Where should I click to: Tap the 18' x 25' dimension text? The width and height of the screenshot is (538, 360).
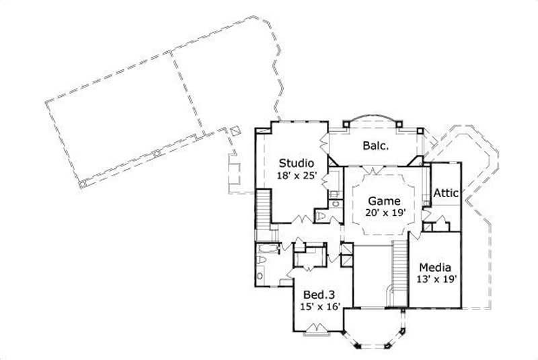pyautogui.click(x=297, y=175)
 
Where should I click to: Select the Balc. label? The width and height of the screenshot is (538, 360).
pyautogui.click(x=375, y=145)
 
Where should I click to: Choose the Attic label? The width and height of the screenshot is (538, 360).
pyautogui.click(x=446, y=193)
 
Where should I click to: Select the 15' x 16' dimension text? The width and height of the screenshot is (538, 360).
pyautogui.click(x=320, y=308)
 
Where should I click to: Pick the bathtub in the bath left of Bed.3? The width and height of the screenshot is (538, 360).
pyautogui.click(x=263, y=256)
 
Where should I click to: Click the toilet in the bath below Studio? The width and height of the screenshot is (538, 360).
pyautogui.click(x=321, y=216)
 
